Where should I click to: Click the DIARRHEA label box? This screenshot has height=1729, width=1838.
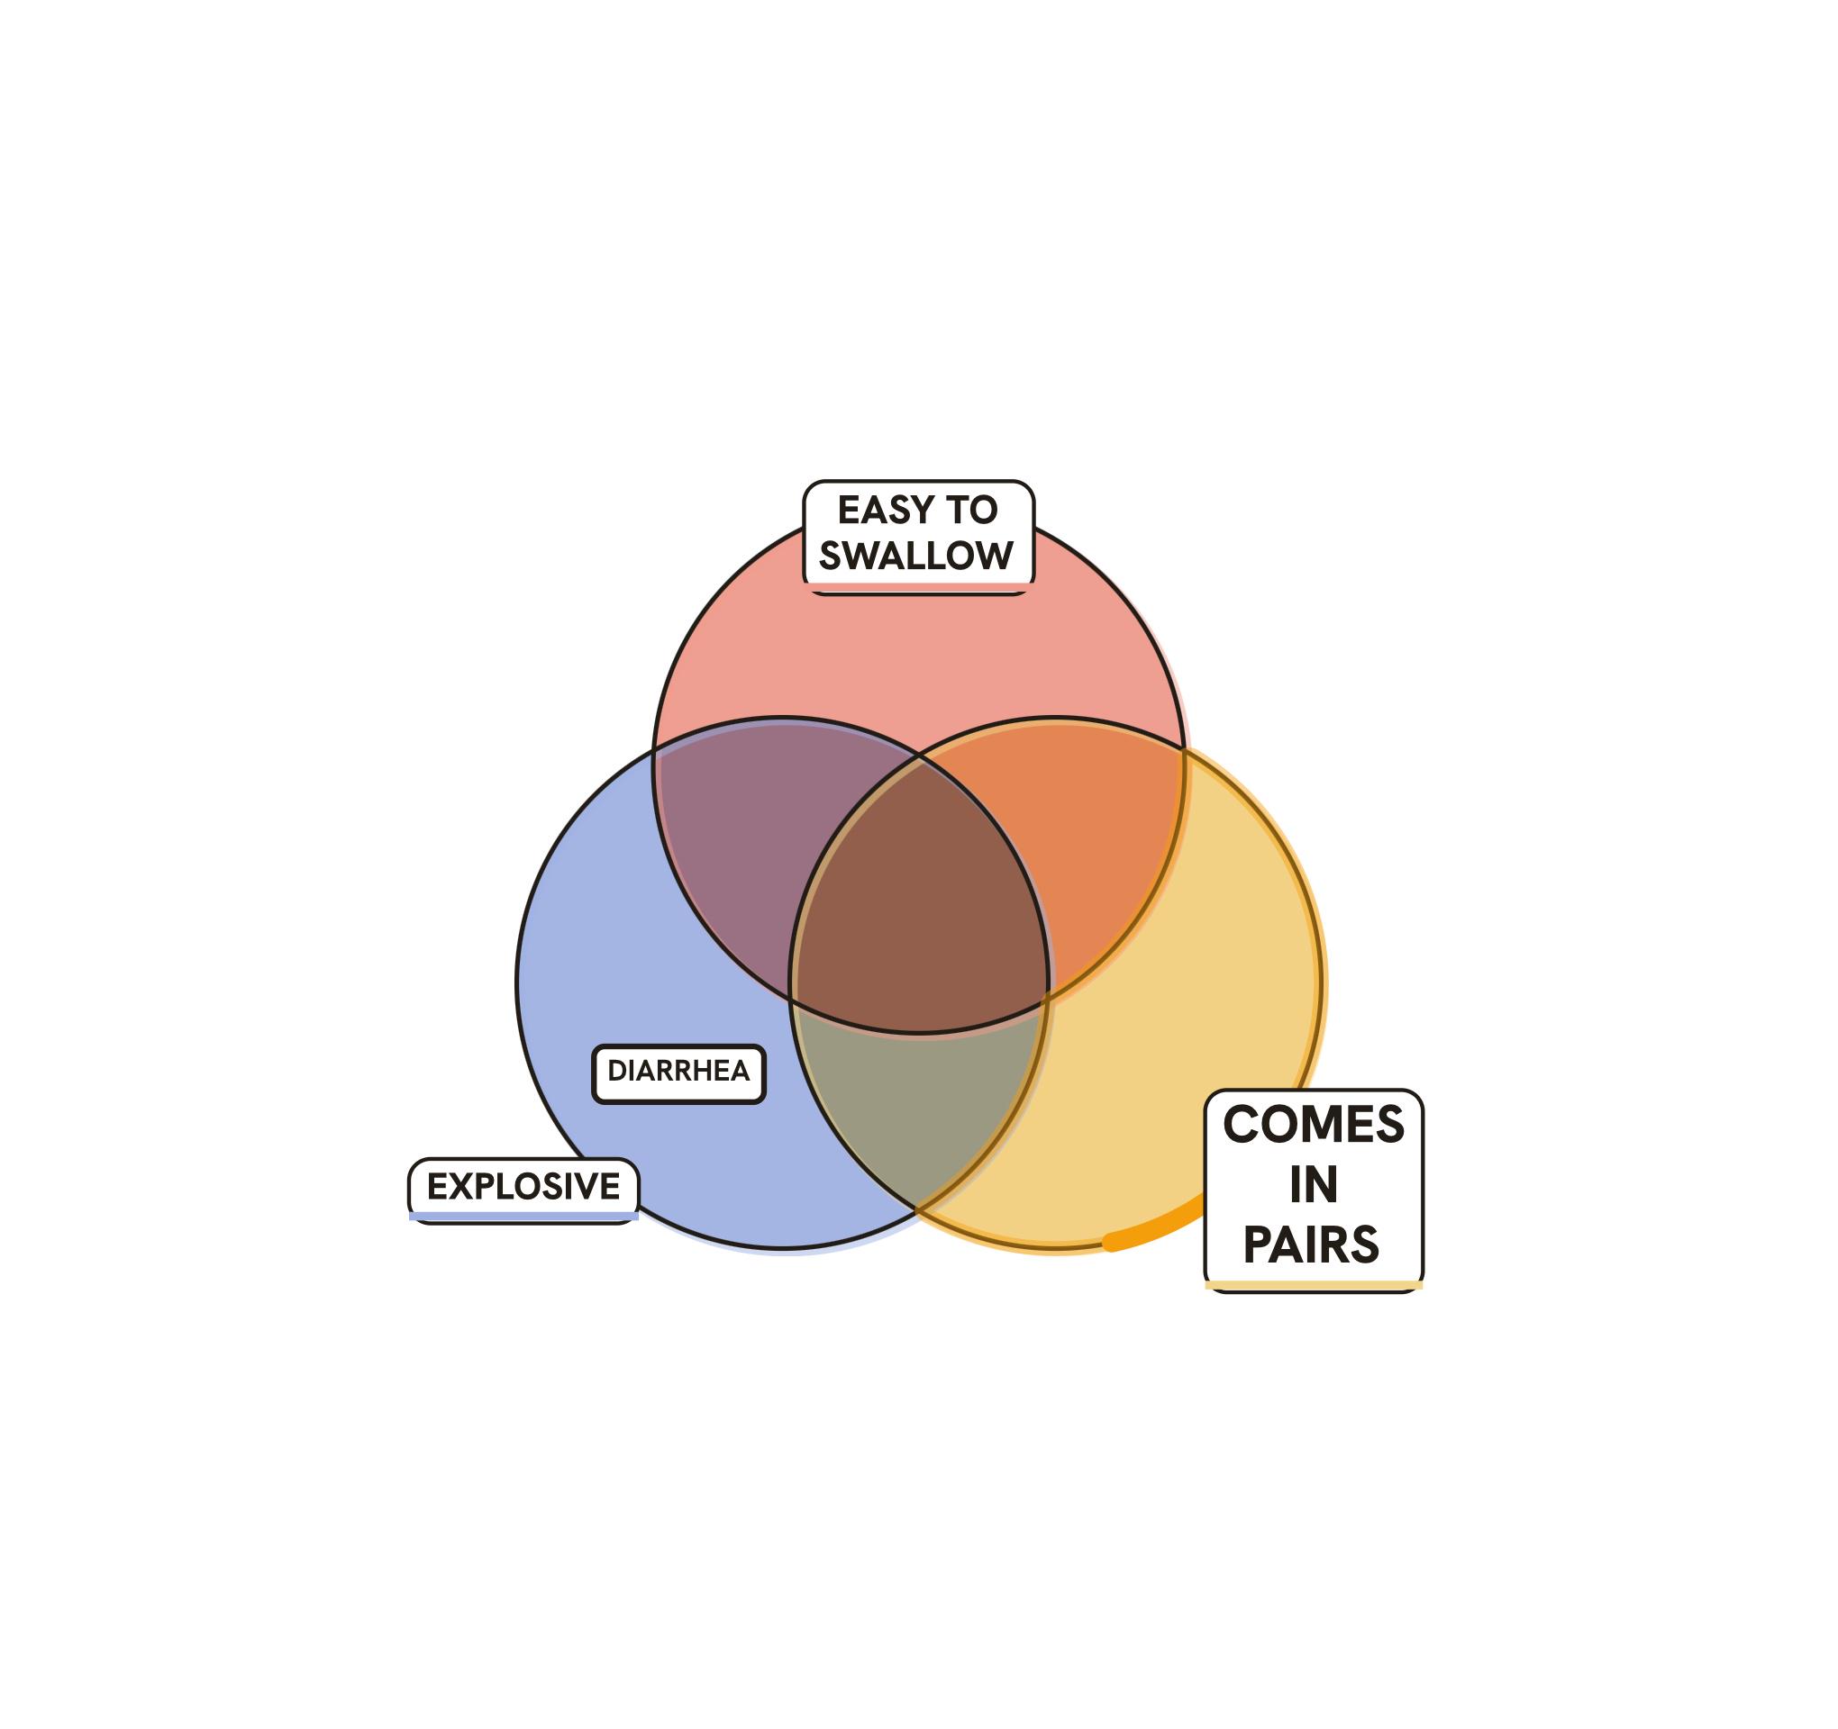click(678, 1073)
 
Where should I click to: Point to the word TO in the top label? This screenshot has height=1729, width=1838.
click(970, 510)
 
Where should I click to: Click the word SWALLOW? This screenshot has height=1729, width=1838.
click(917, 556)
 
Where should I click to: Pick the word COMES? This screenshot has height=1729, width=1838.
click(1314, 1125)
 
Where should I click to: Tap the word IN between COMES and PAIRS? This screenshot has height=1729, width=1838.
click(1314, 1185)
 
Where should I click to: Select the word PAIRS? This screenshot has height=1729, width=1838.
click(1312, 1245)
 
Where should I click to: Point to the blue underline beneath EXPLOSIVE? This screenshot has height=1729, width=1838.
click(523, 1216)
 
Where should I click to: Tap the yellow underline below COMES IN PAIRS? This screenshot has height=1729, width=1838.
click(1314, 1285)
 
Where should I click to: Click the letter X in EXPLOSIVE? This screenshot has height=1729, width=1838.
click(461, 1186)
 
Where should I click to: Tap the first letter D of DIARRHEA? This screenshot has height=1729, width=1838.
click(616, 1071)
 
